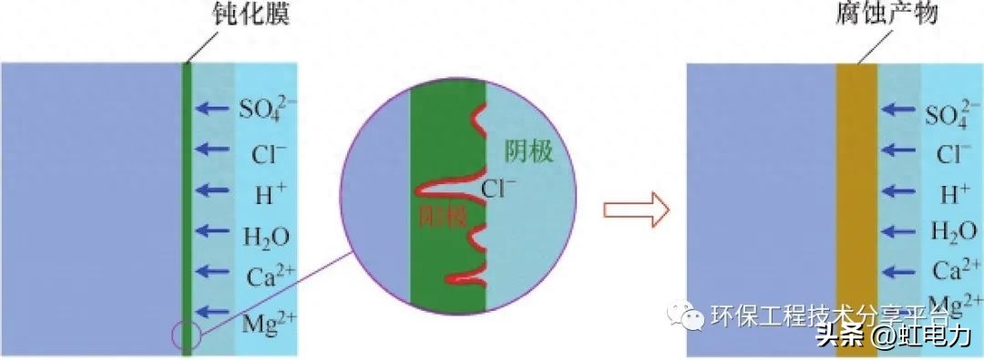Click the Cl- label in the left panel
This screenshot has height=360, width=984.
click(x=263, y=152)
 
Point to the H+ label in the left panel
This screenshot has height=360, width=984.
click(x=263, y=192)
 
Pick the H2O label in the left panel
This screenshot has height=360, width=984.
click(x=265, y=236)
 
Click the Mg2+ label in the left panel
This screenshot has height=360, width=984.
click(x=265, y=320)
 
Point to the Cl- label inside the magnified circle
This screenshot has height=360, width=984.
click(x=499, y=190)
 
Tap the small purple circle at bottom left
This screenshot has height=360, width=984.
click(x=185, y=334)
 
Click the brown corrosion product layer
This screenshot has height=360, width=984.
click(x=856, y=210)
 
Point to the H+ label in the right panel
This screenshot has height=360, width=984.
click(x=953, y=192)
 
